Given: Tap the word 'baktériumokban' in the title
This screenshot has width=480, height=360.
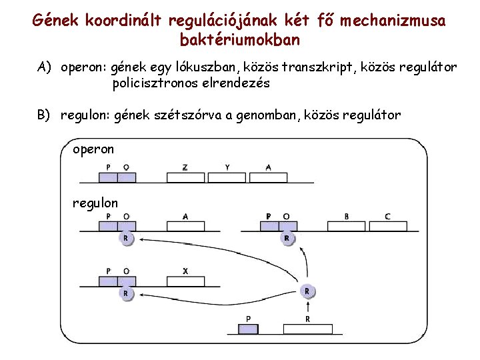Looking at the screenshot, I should (240, 39).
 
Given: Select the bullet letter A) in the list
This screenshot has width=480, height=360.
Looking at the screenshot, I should (45, 67).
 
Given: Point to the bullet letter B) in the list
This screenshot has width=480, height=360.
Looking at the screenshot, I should (45, 115).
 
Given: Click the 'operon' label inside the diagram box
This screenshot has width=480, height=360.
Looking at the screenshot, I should (93, 149).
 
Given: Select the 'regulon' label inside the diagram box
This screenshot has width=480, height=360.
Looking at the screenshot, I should (95, 203).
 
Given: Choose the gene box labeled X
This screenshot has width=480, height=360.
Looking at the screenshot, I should (185, 281).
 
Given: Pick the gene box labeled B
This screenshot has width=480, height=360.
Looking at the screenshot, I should (347, 226).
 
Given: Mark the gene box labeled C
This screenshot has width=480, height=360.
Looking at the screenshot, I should (388, 226).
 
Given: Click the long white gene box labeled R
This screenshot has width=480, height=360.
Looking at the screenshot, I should (307, 329).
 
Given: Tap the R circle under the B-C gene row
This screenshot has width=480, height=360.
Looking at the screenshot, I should (287, 238).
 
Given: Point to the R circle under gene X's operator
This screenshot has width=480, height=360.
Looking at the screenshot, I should (125, 293).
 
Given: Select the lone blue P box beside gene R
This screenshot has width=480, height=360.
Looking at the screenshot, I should (249, 329).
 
